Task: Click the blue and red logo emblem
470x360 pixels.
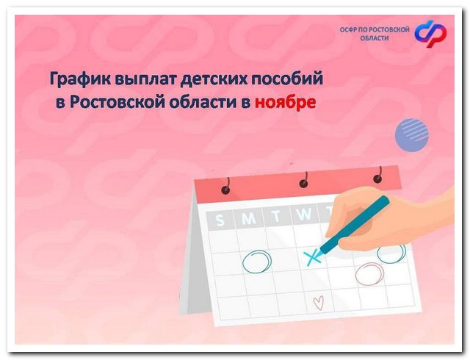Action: click(x=430, y=32)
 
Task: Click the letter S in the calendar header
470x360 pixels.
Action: click(x=220, y=219)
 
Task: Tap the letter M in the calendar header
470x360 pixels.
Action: click(x=249, y=217)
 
